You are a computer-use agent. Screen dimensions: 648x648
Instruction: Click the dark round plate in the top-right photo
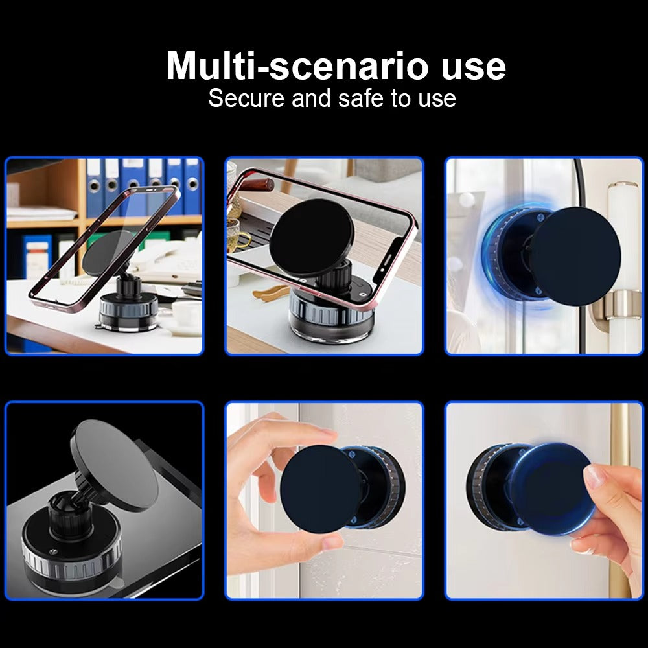click(575, 256)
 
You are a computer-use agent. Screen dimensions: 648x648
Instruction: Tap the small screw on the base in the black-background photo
click(52, 551)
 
